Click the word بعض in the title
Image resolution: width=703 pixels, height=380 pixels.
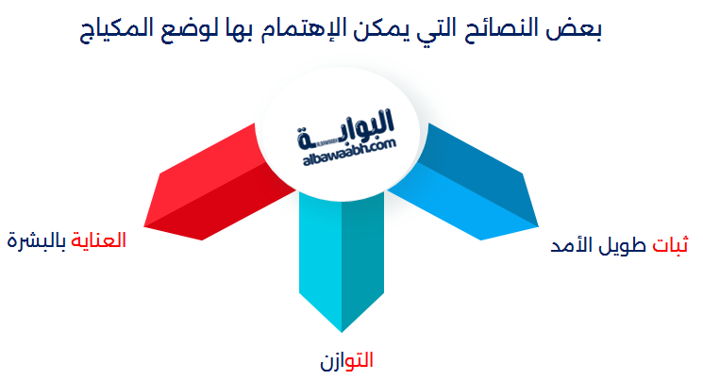click(x=573, y=28)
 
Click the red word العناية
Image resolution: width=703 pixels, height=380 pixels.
click(x=99, y=240)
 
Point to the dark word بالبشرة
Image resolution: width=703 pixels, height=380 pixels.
click(x=37, y=240)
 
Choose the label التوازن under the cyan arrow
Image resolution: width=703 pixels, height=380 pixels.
click(x=346, y=360)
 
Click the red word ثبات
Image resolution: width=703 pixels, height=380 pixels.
click(x=670, y=244)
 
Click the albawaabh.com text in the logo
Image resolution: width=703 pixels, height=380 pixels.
click(x=350, y=153)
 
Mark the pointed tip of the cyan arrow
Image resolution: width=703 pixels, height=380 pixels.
click(x=342, y=332)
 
